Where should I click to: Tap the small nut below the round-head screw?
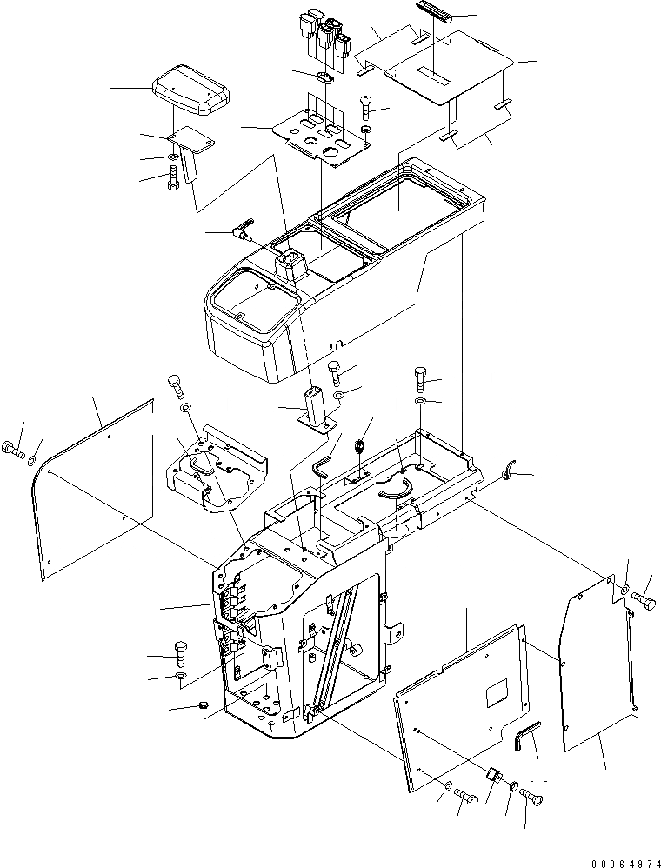(x=367, y=131)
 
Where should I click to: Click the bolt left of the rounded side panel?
(x=12, y=450)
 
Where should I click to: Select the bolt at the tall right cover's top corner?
(x=644, y=599)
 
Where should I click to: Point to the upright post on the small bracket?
(x=314, y=405)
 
